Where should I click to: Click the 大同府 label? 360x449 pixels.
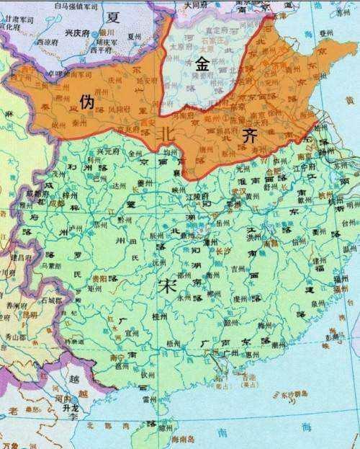point(196,5)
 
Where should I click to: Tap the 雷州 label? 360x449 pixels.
point(149,398)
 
